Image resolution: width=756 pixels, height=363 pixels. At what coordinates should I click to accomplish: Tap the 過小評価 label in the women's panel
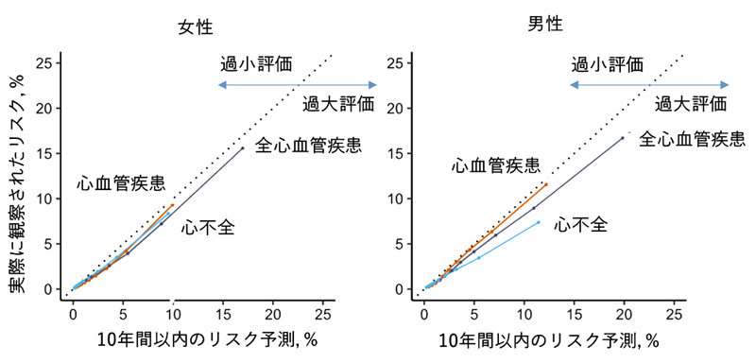tap(256, 64)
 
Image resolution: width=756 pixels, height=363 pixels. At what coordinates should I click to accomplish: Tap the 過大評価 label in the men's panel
tap(691, 103)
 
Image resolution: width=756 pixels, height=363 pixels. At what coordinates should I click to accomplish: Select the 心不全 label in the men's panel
tap(580, 224)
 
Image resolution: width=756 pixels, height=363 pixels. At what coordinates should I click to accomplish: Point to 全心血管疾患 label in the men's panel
tap(693, 140)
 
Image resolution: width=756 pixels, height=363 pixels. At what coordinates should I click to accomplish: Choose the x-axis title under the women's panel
tap(197, 339)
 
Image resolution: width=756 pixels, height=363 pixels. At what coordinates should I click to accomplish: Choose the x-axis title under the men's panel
tap(549, 339)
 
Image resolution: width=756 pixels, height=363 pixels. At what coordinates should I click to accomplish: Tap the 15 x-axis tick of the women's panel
tap(222, 313)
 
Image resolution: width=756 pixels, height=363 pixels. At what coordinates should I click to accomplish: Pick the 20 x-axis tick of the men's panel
tap(624, 313)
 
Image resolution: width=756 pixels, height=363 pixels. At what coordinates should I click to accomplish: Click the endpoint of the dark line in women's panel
tap(243, 147)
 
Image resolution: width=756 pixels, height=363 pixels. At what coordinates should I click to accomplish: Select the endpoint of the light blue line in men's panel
tap(539, 222)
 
